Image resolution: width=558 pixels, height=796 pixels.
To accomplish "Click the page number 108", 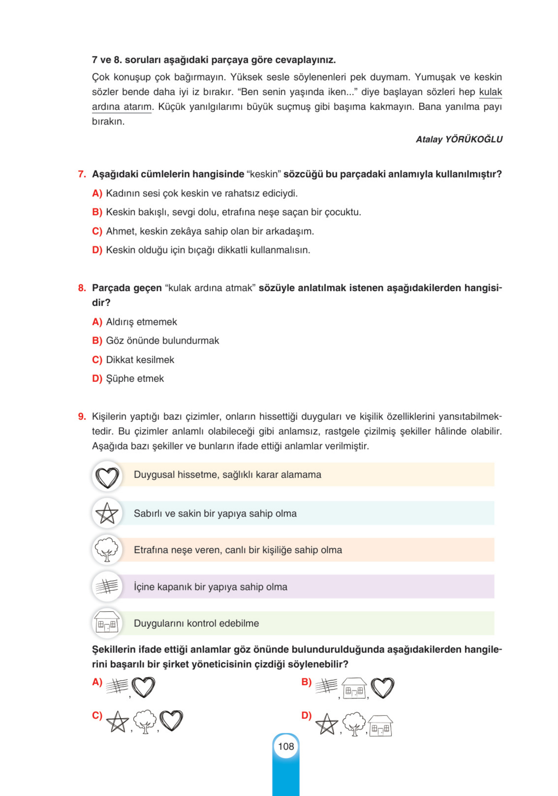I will point(286,746).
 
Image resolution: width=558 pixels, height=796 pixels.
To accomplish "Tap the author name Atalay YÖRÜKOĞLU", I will point(459,139).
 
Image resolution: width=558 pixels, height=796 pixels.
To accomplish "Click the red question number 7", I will point(82,174).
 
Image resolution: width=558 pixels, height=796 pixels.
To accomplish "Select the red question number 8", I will point(82,288).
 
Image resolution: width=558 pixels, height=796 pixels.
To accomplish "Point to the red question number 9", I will point(82,416).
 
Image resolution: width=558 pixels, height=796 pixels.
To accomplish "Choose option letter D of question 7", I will point(97,250).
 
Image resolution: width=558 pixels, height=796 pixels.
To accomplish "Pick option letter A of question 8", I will point(97,322).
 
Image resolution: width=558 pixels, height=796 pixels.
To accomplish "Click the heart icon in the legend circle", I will point(107,477).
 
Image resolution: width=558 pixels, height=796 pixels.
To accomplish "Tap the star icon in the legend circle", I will point(107,514).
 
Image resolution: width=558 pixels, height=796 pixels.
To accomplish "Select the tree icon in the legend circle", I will point(107,550).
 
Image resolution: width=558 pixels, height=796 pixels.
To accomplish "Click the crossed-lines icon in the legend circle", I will point(107,586).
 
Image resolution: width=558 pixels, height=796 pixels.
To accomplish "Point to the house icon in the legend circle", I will point(107,623).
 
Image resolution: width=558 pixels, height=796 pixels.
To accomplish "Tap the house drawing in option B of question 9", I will point(354,688).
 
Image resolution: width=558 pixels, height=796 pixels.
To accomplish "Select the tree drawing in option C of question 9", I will point(145,721).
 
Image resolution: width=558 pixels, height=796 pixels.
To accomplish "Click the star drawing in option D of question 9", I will point(326,724).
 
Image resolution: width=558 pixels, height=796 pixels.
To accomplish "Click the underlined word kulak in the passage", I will point(490,92).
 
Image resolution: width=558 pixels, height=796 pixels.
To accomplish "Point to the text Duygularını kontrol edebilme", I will point(196,623).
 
